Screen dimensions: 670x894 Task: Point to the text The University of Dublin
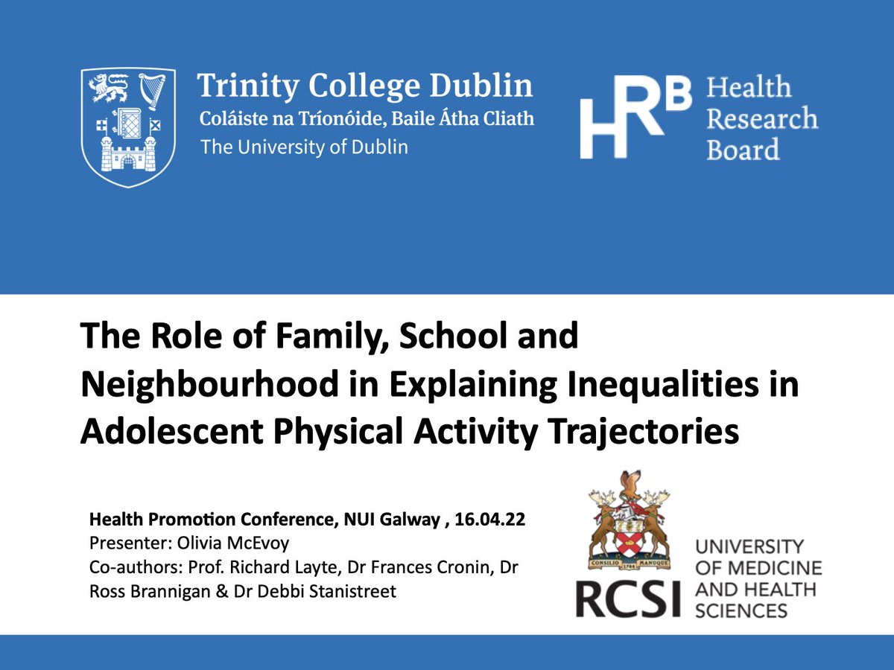click(304, 147)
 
